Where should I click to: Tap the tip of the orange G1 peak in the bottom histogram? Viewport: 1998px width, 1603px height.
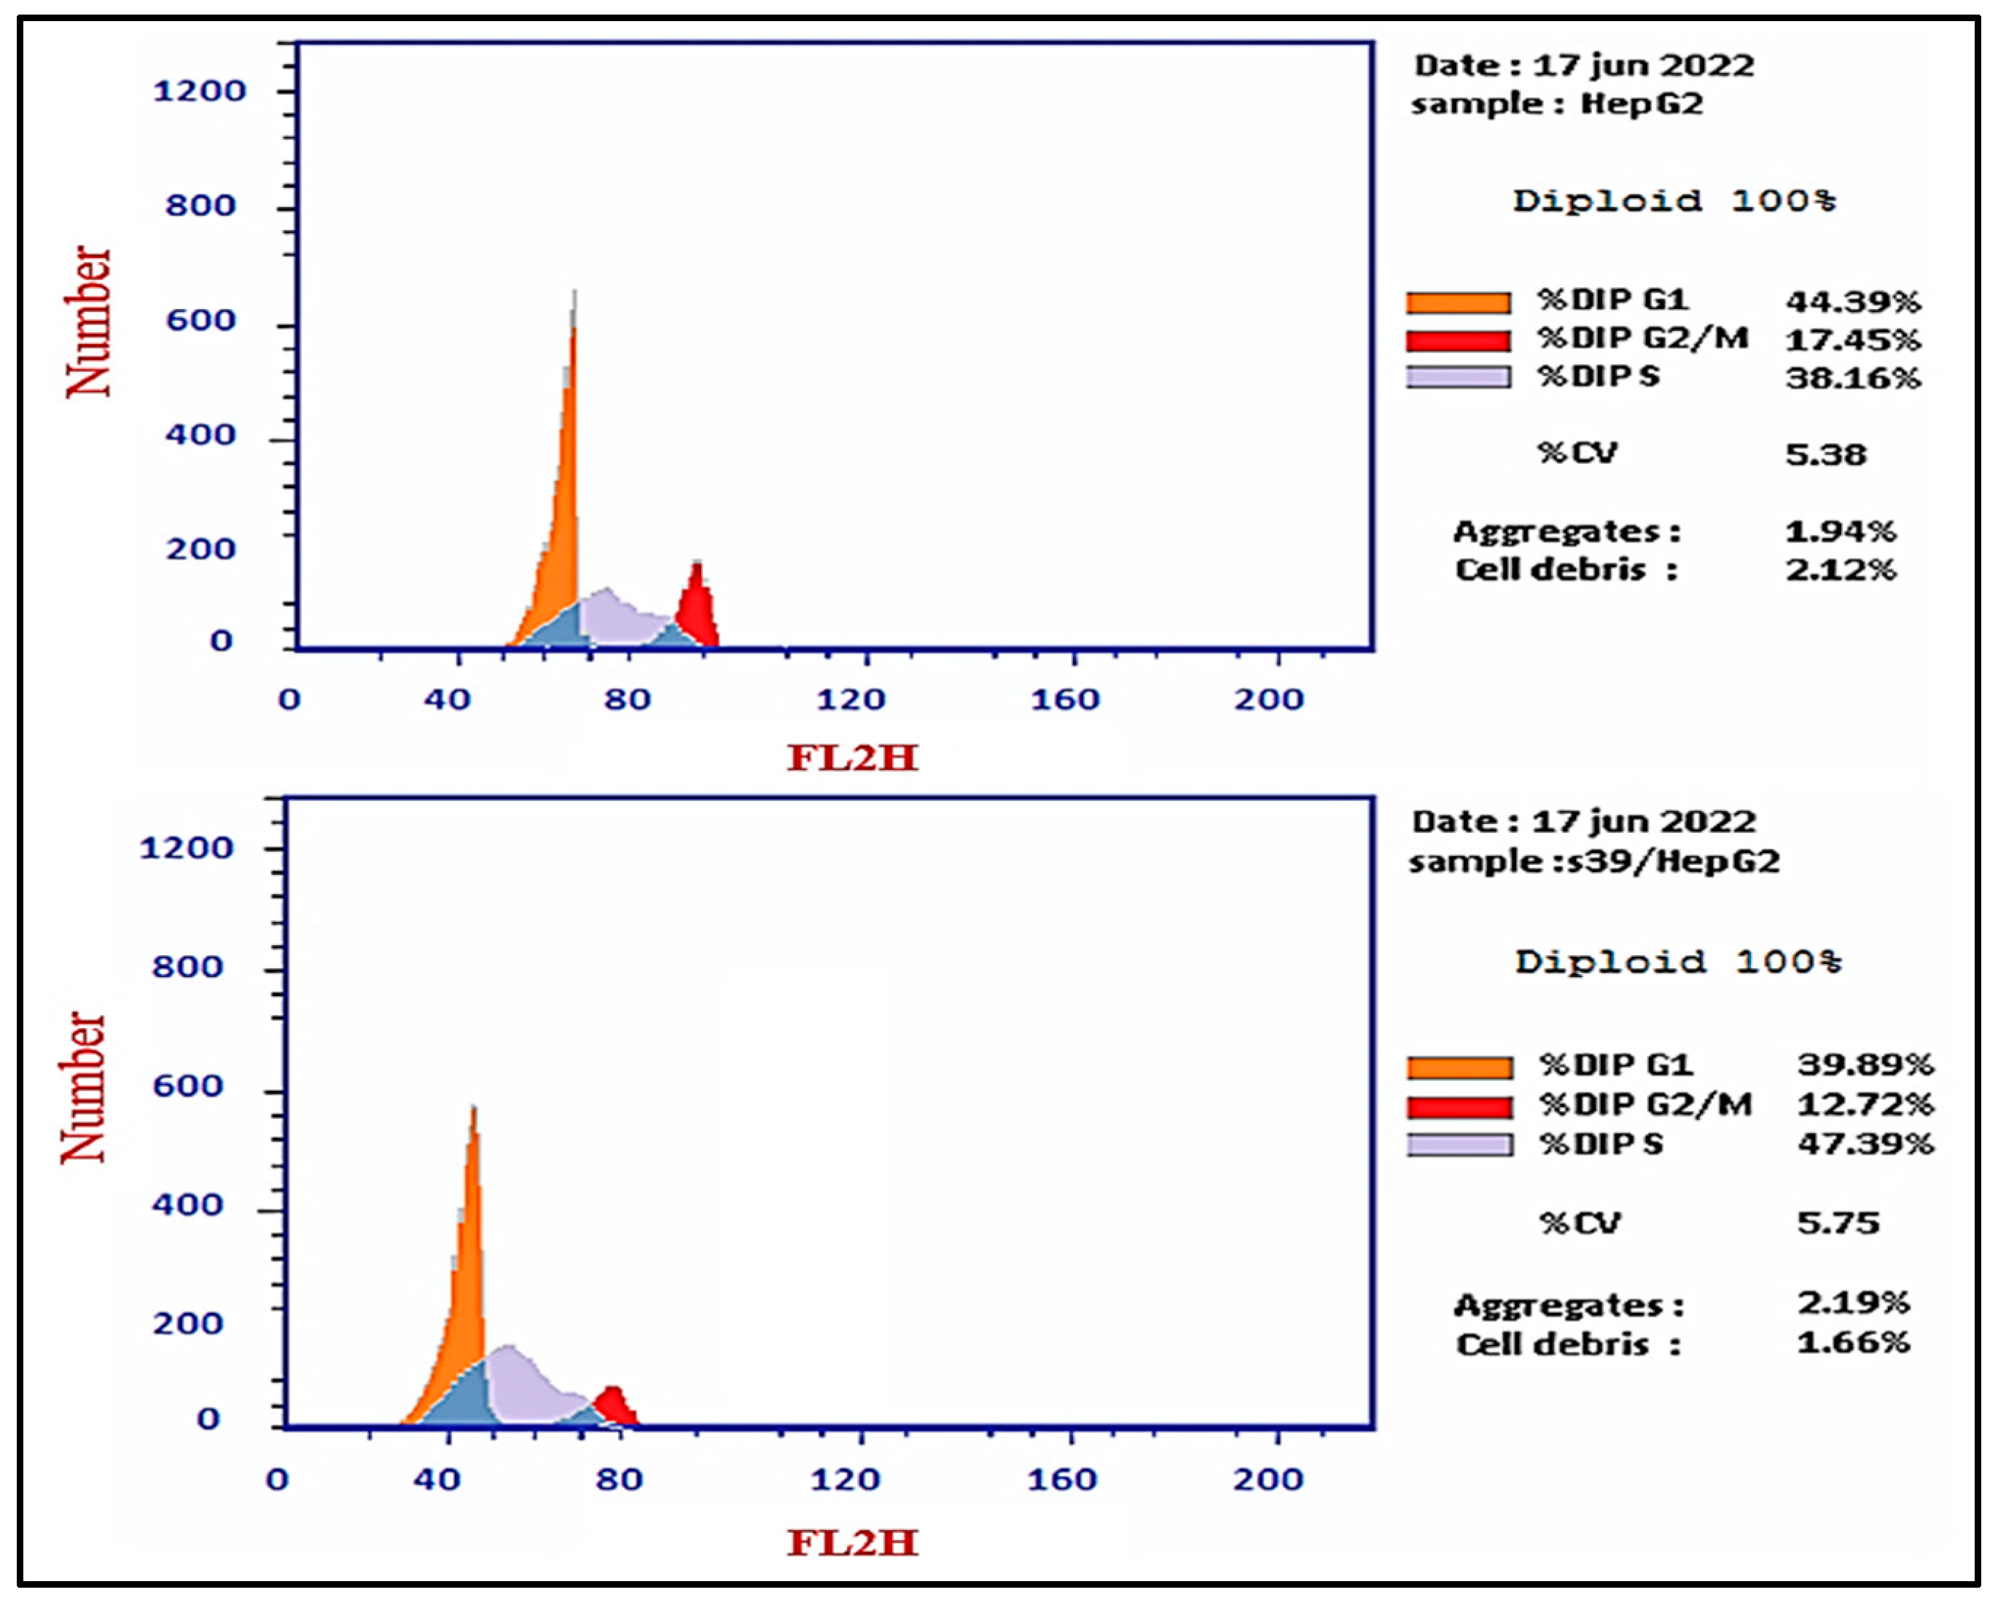(474, 1110)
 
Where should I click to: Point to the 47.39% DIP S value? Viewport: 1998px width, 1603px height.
(1865, 1143)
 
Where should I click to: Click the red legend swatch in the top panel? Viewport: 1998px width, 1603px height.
(1458, 341)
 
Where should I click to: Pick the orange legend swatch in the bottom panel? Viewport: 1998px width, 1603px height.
(1459, 1067)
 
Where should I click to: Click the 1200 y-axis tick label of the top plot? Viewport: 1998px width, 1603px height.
(198, 91)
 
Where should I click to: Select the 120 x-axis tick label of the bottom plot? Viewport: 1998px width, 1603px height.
(844, 1480)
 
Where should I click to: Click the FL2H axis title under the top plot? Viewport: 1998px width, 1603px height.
(851, 758)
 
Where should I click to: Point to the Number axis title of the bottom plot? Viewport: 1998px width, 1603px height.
(83, 1086)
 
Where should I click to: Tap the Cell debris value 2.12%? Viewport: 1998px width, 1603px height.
(1841, 569)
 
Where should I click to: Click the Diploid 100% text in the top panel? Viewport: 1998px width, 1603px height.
(1674, 201)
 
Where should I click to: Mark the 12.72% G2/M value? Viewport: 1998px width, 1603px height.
(1865, 1105)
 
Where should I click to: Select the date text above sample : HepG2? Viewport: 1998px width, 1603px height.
(1583, 66)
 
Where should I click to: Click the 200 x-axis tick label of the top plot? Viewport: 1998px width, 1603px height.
(1268, 699)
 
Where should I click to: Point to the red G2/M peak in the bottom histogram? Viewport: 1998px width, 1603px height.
(614, 1406)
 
